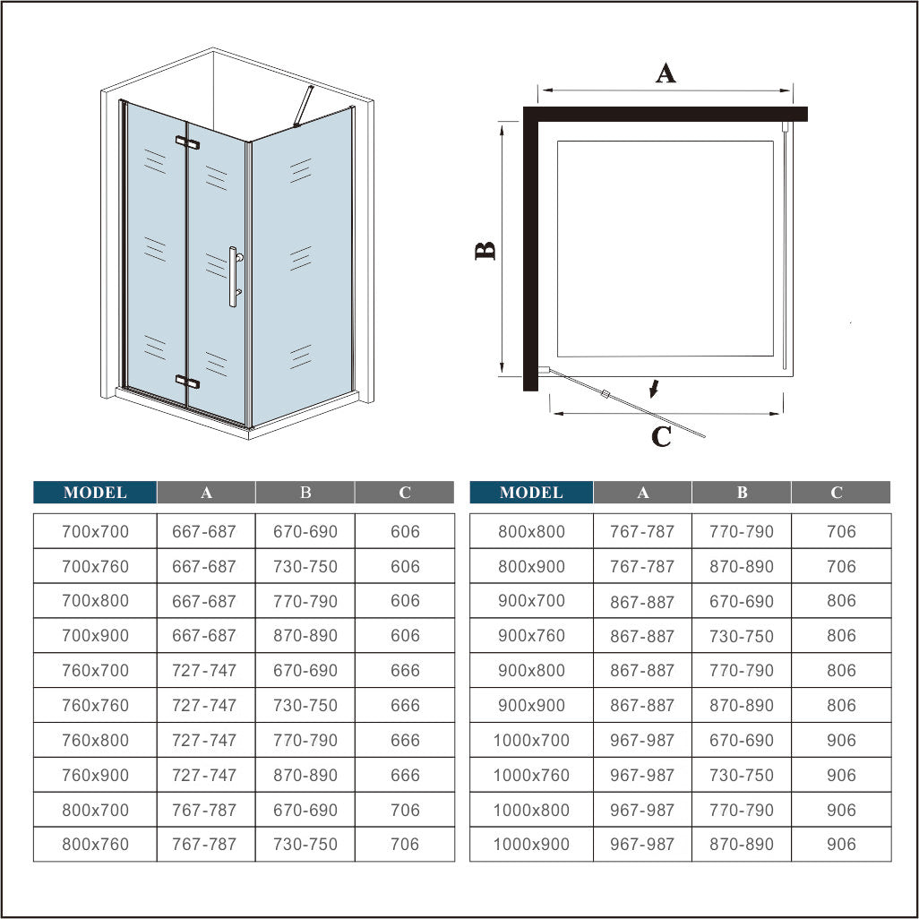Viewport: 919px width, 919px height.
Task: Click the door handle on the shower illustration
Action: tap(233, 278)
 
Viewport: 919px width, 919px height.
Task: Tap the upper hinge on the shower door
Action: tap(187, 142)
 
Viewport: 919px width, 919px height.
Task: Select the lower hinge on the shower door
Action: tap(187, 382)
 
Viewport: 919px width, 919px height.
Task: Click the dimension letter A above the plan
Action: tap(666, 73)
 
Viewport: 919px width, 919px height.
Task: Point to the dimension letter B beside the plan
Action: tap(485, 251)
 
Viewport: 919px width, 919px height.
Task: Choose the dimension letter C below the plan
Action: tap(661, 437)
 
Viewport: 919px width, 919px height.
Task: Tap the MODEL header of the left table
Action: tap(95, 493)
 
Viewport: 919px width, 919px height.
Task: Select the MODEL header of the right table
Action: tap(531, 493)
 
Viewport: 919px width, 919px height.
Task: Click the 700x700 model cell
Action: tap(95, 531)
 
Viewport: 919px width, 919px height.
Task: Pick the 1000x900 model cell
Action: tap(531, 844)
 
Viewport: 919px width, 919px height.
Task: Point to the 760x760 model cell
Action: tap(95, 705)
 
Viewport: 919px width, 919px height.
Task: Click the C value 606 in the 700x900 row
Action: tap(405, 636)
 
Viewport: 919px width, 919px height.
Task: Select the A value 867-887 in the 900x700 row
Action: tap(642, 601)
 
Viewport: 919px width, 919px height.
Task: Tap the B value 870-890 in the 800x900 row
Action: tap(741, 566)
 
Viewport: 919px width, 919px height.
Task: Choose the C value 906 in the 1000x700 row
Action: tap(841, 740)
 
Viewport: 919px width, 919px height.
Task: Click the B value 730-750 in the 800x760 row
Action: tap(305, 844)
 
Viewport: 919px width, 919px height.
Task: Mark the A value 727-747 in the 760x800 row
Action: tap(205, 740)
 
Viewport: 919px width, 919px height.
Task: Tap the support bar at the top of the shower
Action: tap(305, 107)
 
